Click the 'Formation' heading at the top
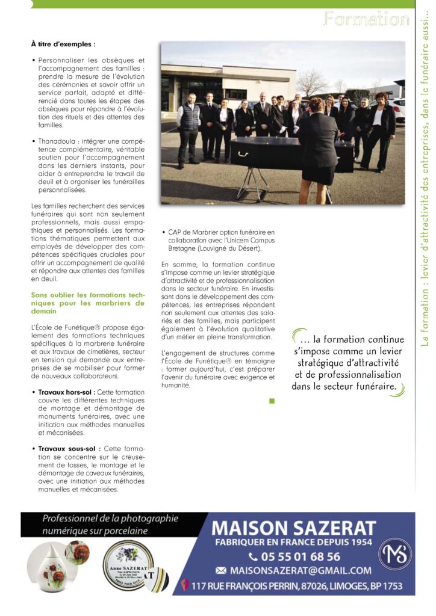[x=366, y=19]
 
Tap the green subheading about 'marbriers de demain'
[x=88, y=303]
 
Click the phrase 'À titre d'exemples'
[x=63, y=44]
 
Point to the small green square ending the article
[x=272, y=400]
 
